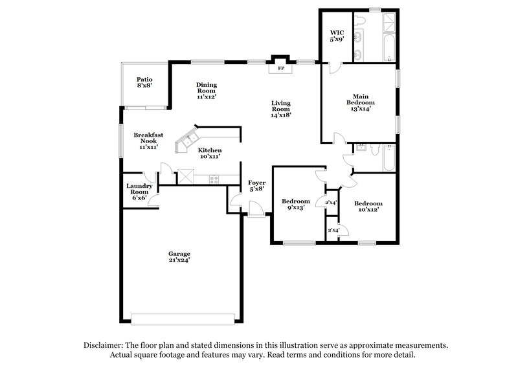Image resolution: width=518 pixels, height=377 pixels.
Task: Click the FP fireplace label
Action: [281, 68]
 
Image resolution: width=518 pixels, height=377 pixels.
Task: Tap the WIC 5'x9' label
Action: [337, 35]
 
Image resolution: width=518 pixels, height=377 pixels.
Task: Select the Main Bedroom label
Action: [361, 103]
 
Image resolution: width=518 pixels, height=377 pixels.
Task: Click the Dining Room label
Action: [207, 90]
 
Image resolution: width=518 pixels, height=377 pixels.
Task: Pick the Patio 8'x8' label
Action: [144, 82]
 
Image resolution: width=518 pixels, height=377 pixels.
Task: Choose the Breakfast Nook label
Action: [148, 141]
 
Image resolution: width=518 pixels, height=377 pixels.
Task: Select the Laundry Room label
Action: [139, 192]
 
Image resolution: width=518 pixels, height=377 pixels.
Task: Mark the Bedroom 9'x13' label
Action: [295, 205]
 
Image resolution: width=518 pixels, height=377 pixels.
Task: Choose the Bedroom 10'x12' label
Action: [368, 206]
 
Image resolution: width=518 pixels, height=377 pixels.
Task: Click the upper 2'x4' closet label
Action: [331, 203]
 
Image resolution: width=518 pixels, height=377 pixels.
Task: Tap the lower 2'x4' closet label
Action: [334, 231]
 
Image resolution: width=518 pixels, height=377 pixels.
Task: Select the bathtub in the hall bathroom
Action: [388, 157]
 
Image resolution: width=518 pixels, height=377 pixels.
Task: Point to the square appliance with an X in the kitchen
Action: [186, 176]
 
